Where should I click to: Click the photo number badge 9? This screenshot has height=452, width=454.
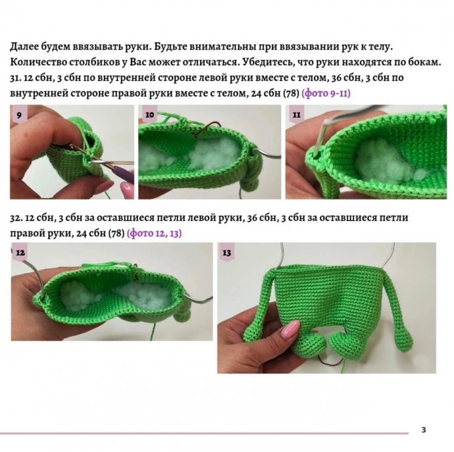click(19, 114)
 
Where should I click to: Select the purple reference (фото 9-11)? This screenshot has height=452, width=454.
click(325, 94)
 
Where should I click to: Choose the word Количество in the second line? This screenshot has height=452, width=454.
click(41, 63)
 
